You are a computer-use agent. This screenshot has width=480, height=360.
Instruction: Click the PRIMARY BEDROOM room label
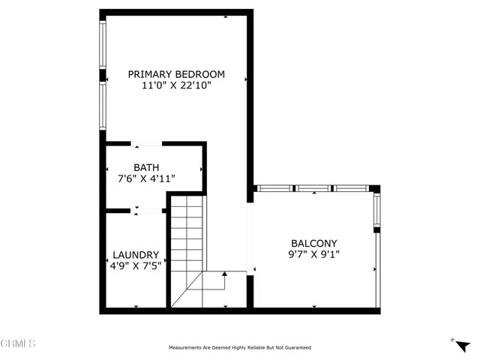[176, 74]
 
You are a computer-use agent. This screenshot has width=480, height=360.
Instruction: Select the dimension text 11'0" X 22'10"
[176, 86]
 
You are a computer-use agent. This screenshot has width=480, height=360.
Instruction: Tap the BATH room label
[146, 167]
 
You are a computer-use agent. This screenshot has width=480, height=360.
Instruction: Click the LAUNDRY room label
[136, 254]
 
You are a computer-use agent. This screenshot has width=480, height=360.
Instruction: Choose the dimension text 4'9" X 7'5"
[136, 265]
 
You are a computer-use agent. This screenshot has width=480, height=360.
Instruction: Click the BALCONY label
[314, 243]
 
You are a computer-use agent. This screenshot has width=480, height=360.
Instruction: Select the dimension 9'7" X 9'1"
[314, 255]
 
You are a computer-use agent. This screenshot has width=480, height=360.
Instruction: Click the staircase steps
[186, 240]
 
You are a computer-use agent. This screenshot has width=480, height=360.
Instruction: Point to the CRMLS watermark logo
[19, 344]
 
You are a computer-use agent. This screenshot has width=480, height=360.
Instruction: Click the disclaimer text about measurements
[240, 347]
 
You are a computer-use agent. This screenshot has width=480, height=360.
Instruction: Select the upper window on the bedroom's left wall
[103, 45]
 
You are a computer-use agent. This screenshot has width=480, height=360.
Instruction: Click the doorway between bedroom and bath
[147, 144]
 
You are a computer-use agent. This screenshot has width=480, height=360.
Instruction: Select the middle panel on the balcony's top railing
[314, 188]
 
